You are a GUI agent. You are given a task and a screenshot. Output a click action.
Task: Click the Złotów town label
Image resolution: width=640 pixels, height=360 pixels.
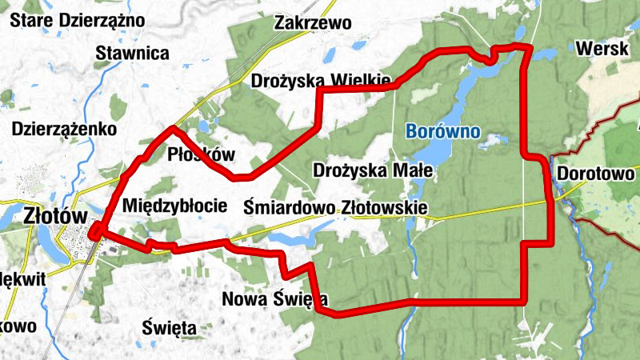[54, 215]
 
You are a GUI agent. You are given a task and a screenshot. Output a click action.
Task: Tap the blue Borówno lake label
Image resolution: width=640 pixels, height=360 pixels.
[442, 130]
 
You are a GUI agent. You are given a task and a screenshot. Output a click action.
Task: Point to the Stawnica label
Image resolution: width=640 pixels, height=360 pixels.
[132, 54]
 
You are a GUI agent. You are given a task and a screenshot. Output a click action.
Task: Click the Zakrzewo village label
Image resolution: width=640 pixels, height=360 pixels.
[313, 22]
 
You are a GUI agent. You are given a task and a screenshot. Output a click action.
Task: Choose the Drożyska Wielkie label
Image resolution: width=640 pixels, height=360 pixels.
[321, 81]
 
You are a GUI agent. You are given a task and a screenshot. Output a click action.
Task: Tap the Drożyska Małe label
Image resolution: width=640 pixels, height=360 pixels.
[372, 170]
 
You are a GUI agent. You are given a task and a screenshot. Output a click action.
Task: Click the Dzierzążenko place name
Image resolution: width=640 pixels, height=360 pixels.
[65, 128]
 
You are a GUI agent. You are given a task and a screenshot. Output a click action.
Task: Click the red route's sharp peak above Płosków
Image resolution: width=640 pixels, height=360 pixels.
[173, 128]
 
